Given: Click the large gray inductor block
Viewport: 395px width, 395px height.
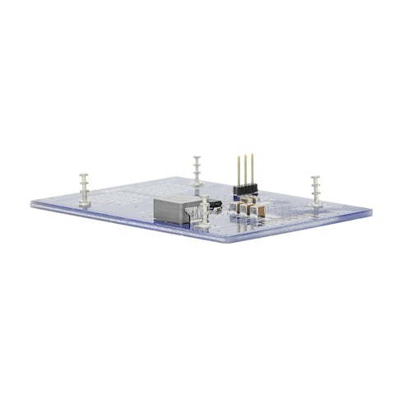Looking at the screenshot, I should coord(176,210).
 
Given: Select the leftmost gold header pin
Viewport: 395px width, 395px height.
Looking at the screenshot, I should coord(238,171).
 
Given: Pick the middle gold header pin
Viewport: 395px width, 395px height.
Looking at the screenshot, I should coord(244,170).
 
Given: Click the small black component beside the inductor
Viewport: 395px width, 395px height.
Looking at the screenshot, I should coord(212,203).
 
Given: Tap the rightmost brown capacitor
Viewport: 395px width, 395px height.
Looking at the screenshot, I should coord(258,211).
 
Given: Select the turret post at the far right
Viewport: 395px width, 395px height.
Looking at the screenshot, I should coord(315,190).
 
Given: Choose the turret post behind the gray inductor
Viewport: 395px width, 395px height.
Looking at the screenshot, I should coord(197,170).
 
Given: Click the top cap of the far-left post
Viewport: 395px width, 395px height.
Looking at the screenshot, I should coord(83,174).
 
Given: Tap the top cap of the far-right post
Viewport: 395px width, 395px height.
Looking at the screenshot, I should coord(315,177).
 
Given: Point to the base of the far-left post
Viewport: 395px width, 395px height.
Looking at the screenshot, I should coord(83,201).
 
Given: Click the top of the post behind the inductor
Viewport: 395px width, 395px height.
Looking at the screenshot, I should coord(197,158).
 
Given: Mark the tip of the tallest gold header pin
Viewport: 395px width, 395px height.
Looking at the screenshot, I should coord(244,154).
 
